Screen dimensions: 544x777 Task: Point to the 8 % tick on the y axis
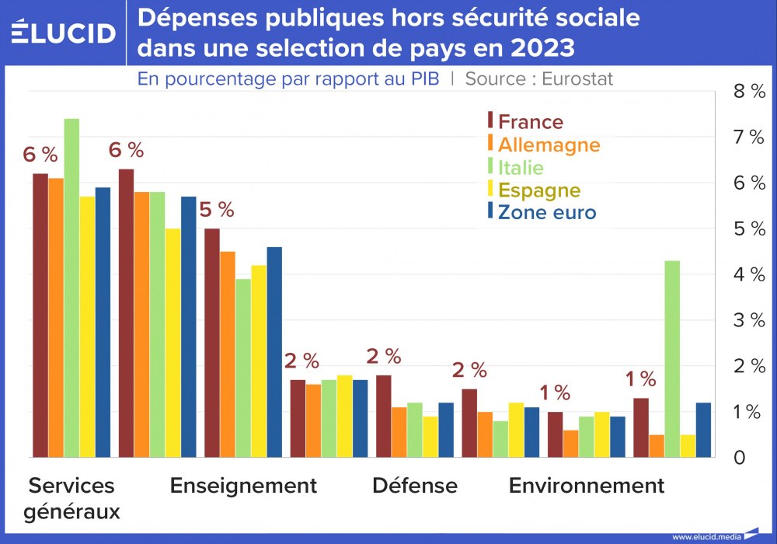click(749, 92)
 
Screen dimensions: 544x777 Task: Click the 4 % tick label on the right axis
click(749, 274)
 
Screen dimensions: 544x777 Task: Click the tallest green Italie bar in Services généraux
click(71, 288)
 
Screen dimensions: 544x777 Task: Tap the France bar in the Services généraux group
click(40, 315)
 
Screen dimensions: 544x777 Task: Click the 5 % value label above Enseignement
click(217, 210)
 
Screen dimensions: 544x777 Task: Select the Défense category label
click(415, 486)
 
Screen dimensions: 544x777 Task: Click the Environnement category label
click(586, 486)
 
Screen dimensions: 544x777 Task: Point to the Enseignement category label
click(243, 486)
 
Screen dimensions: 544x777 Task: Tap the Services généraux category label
click(71, 498)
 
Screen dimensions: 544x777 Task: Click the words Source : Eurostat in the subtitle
click(539, 78)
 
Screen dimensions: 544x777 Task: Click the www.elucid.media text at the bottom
click(705, 536)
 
